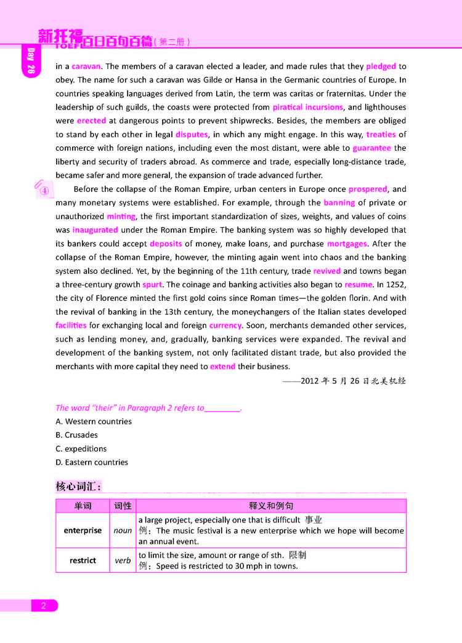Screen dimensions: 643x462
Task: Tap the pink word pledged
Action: [381, 66]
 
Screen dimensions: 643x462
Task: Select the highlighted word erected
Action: [91, 121]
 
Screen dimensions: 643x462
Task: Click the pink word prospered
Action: [368, 189]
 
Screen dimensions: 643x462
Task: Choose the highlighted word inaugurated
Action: [95, 230]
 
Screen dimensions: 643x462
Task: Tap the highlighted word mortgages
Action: [347, 244]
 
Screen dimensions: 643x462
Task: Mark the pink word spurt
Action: [152, 285]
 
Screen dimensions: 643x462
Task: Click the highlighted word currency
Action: [225, 325]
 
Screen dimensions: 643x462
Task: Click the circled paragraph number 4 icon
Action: [44, 190]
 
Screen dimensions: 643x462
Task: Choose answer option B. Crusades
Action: [76, 435]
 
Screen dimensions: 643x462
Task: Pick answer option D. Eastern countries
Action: [92, 462]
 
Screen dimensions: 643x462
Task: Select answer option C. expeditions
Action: [81, 449]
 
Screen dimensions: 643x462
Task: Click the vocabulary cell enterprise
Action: [83, 530]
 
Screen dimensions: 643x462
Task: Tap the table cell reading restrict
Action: [83, 561]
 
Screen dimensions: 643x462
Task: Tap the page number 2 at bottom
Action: [44, 606]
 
